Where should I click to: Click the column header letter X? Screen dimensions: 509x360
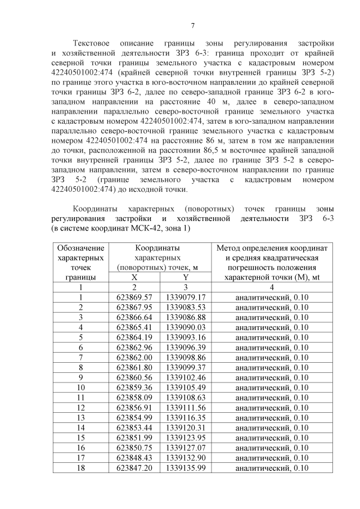tap(134, 277)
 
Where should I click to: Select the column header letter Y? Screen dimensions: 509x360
tap(185, 277)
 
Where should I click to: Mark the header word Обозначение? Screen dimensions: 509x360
tap(81, 247)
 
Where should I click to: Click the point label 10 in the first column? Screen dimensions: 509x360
tap(81, 388)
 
